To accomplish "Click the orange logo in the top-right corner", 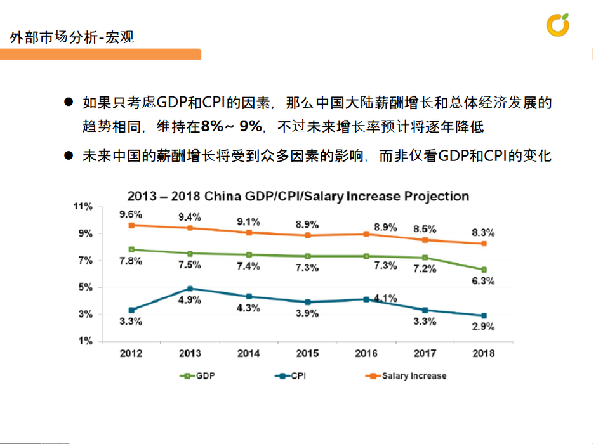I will pos(558,25).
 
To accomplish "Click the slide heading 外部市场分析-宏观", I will pos(72,37).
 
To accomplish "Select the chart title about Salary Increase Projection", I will pos(298,195).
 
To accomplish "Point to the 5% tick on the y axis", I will pos(85,287).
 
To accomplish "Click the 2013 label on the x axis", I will pos(190,353).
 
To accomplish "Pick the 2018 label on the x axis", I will pos(484,353).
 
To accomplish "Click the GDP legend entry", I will pos(198,376).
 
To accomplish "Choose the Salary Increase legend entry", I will pos(406,376).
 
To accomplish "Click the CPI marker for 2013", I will pos(190,289).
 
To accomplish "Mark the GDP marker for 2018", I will pos(484,270).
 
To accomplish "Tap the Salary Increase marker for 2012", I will pos(131,225).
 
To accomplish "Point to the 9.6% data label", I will pos(131,214).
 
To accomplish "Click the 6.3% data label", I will pos(483,281).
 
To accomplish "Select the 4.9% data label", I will pos(190,300).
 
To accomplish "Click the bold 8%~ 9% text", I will pos(231,127).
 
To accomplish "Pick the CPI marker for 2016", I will pos(366,299).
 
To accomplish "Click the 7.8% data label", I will pos(131,261).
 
